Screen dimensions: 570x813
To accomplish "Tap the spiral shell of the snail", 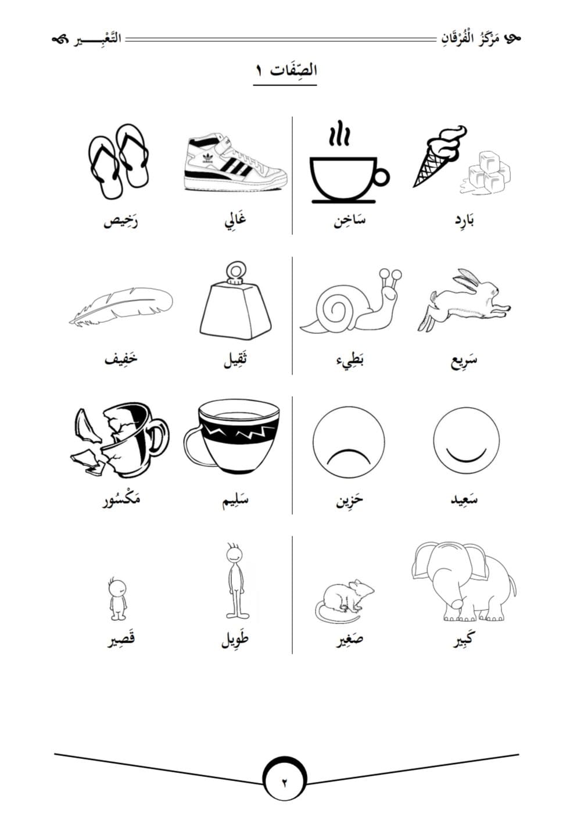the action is point(336,308).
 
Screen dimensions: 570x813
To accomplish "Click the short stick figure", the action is point(118,599).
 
